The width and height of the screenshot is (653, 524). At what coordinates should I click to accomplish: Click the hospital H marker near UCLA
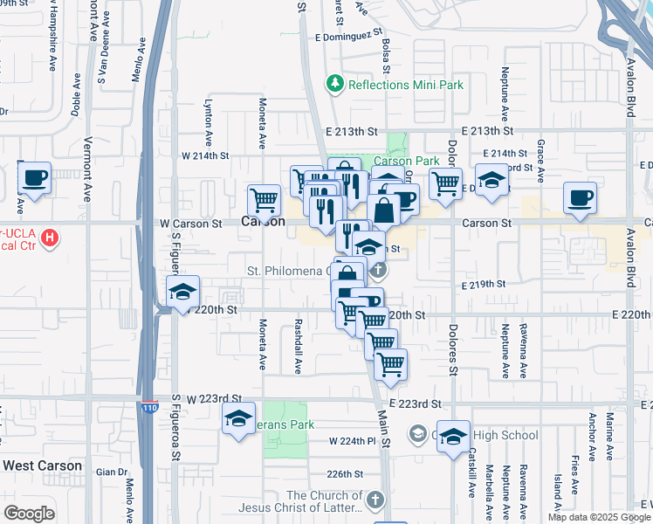pos(51,237)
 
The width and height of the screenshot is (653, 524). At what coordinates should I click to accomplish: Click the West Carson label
pos(42,465)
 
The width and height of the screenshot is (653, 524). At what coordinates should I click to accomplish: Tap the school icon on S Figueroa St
pos(183,292)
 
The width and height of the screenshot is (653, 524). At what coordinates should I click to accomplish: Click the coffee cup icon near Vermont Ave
pos(34,178)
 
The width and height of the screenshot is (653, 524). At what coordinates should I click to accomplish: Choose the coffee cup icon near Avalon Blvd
pos(580,197)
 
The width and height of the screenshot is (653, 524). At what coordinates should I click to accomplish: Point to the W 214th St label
pos(204,155)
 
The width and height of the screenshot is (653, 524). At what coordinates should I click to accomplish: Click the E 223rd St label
pos(417,404)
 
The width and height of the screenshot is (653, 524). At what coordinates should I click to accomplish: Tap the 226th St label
pos(344,474)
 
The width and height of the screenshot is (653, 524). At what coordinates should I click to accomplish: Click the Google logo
pos(30,514)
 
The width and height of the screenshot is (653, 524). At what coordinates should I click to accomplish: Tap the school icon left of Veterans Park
pos(238,418)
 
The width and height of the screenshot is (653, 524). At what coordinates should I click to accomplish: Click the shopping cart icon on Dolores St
pos(446,183)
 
